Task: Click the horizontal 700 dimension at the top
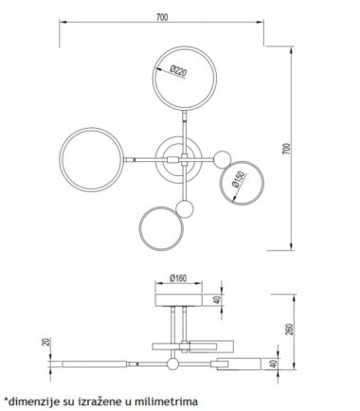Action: click(162, 17)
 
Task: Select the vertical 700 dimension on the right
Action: click(286, 149)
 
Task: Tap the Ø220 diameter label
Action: click(178, 71)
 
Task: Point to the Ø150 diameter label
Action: click(238, 179)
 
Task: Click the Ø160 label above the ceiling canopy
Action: click(178, 278)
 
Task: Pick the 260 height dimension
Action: click(291, 330)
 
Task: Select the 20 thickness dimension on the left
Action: click(46, 342)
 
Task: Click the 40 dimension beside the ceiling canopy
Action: click(217, 300)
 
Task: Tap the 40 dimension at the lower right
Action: click(274, 364)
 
